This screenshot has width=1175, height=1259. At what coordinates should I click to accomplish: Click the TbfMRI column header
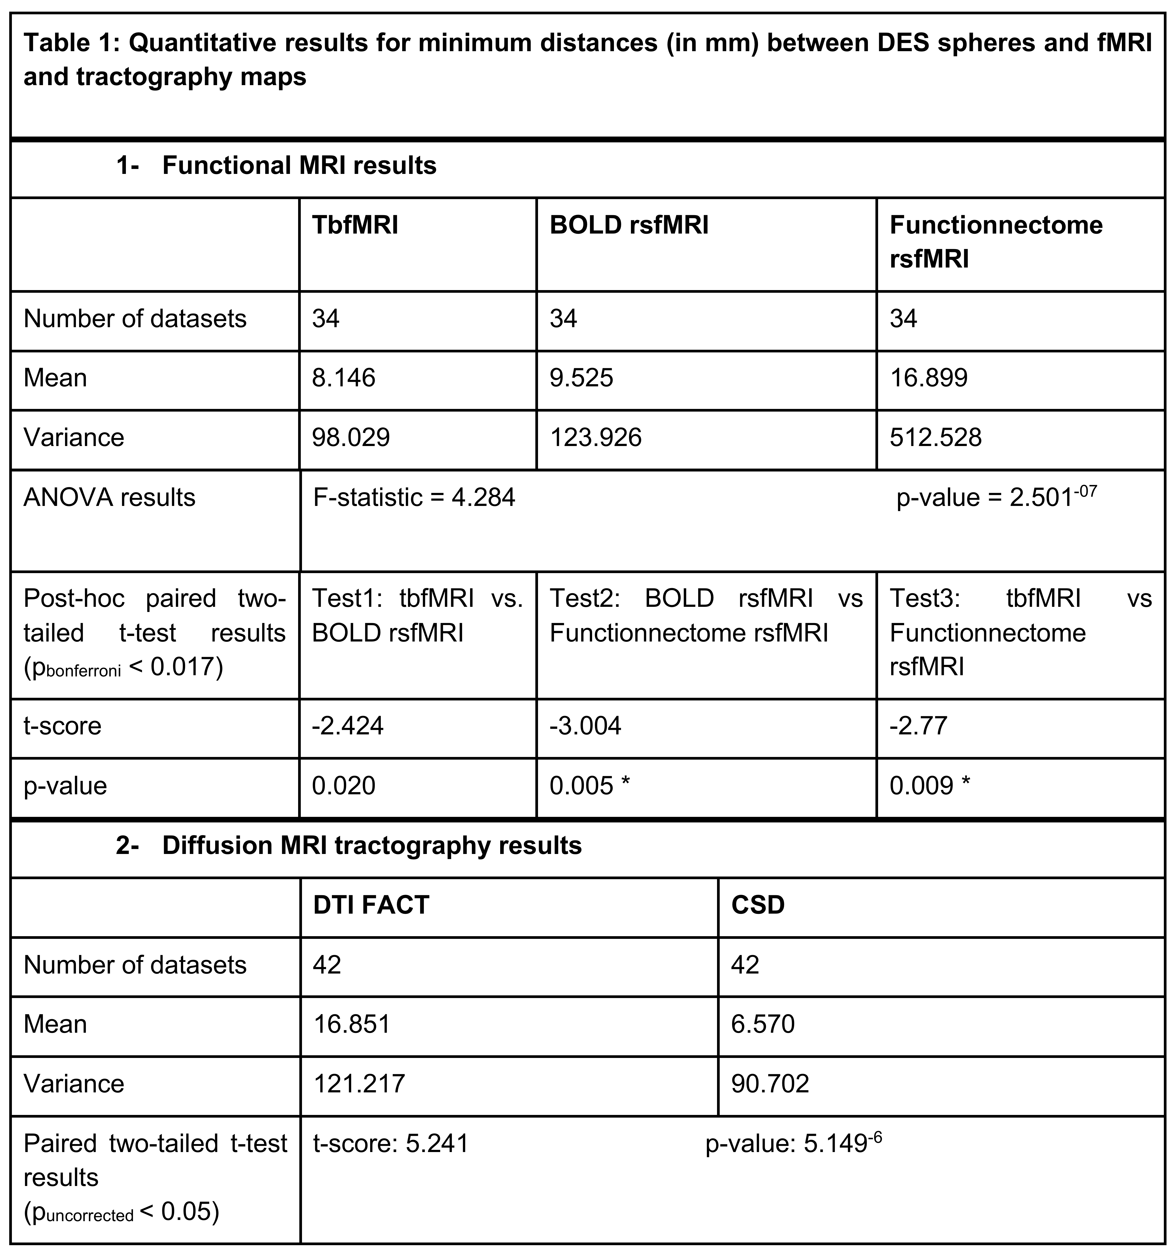click(355, 226)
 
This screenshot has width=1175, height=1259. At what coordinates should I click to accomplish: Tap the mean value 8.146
click(343, 378)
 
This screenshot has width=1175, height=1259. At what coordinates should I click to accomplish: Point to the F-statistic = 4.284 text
click(414, 498)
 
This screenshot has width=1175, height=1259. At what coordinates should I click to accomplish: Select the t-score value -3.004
click(585, 726)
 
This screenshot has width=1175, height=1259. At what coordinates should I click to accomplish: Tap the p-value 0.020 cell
click(343, 786)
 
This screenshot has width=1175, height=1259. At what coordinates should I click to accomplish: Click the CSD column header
click(758, 905)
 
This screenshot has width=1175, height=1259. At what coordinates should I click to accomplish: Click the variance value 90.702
click(770, 1084)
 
